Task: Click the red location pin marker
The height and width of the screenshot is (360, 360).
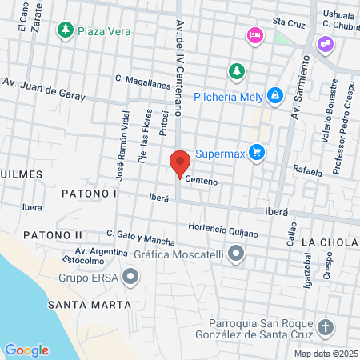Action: [180, 163]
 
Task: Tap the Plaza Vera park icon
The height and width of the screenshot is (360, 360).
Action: [64, 31]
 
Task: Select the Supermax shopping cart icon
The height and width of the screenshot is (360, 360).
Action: [256, 152]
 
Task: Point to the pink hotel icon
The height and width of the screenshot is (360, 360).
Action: [255, 35]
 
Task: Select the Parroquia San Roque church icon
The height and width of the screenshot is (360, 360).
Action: [325, 328]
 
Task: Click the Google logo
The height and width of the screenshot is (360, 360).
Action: [26, 350]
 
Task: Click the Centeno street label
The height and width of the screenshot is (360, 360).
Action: [202, 182]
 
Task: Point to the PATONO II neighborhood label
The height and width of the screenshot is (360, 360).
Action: [53, 234]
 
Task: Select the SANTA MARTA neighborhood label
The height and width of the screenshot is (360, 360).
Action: [89, 305]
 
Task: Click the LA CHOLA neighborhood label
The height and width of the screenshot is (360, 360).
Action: [330, 242]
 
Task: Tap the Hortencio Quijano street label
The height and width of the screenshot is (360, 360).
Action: [223, 230]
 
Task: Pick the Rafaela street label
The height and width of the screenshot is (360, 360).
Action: [307, 170]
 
